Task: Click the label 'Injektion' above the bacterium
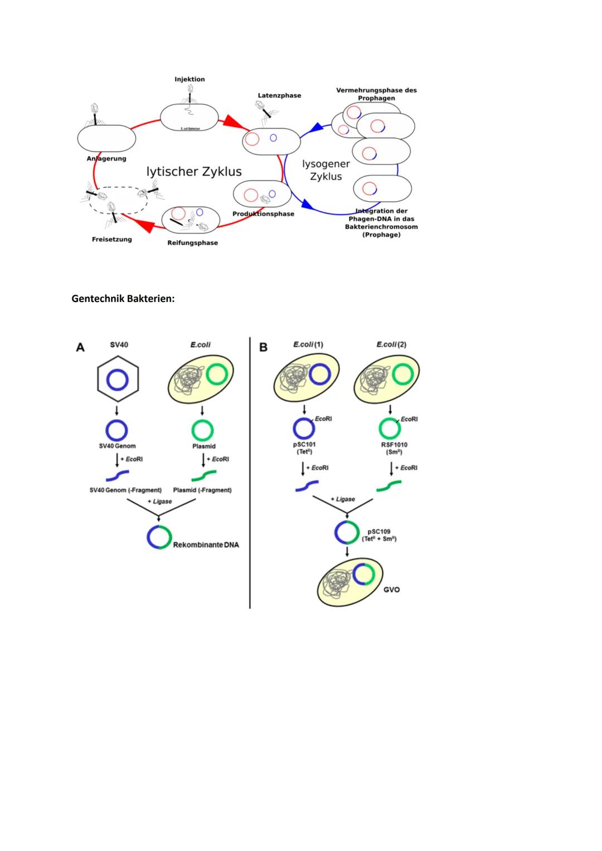[190, 79]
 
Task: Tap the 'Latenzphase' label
[279, 95]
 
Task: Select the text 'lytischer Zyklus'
[194, 172]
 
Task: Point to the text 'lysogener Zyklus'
[326, 170]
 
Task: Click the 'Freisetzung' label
[112, 239]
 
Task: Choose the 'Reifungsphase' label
[192, 242]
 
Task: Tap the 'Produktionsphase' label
[263, 213]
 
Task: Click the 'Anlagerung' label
[106, 158]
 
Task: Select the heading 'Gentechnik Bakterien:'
[123, 299]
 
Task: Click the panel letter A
[80, 347]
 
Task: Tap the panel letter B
[263, 347]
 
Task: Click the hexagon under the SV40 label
[118, 380]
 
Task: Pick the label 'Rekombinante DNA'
[206, 544]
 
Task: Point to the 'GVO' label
[391, 589]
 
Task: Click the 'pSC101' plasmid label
[304, 445]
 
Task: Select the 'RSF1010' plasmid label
[394, 445]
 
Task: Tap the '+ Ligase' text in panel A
[159, 502]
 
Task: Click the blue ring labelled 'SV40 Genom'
[117, 430]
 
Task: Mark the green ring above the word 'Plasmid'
[202, 430]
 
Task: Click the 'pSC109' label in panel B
[379, 532]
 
